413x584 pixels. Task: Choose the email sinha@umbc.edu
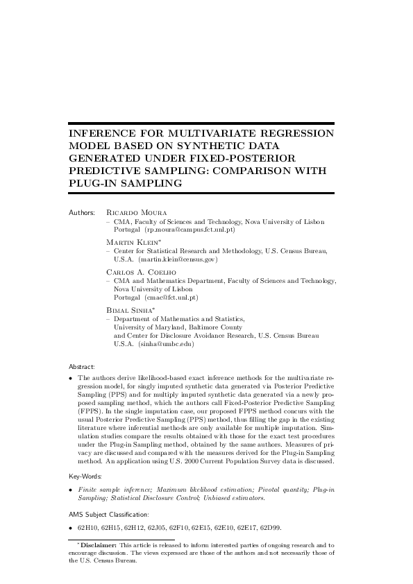(166, 343)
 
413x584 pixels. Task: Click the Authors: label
(82, 211)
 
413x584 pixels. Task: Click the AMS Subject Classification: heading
(108, 514)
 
